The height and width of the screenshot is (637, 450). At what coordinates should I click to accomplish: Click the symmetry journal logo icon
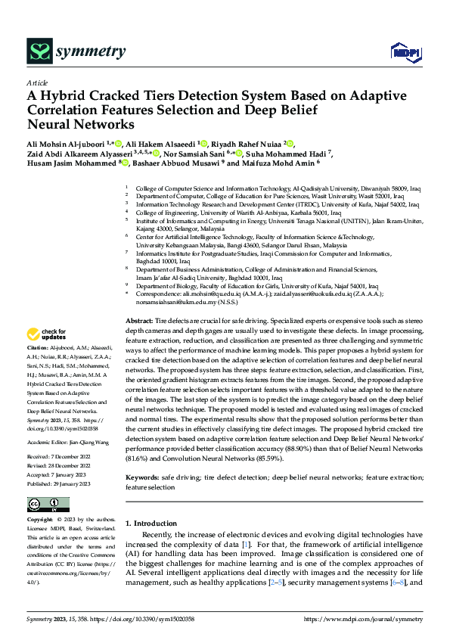pyautogui.click(x=39, y=51)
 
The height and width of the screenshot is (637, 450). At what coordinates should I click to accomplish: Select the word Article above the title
pyautogui.click(x=37, y=83)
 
